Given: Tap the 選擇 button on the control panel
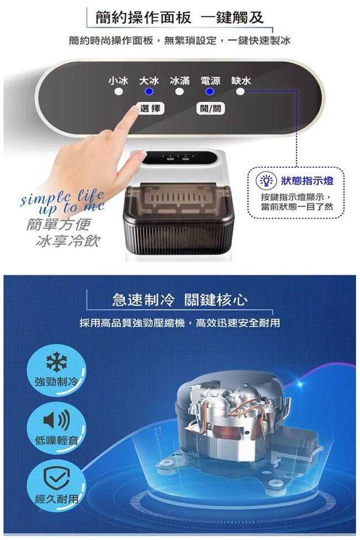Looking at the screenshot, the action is (150, 109).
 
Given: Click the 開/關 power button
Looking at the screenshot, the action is (210, 109).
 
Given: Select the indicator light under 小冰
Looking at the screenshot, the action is (119, 91).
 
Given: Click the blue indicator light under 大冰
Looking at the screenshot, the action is (149, 91).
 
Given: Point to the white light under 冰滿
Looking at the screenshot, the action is (179, 91).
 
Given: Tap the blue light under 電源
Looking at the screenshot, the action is (210, 91).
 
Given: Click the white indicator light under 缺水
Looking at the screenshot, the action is (240, 91).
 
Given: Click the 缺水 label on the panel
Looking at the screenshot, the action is (241, 81).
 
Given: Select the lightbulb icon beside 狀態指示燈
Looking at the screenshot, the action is (266, 181).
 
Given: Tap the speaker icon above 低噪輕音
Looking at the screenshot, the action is (56, 420).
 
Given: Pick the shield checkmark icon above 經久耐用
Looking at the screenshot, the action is (56, 479).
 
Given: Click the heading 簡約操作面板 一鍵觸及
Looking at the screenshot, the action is (179, 17).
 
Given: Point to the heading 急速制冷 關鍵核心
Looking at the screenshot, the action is (179, 300).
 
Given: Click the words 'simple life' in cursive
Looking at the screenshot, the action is (62, 197).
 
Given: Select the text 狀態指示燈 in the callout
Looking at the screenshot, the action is (307, 181).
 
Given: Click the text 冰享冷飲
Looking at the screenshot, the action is (67, 241).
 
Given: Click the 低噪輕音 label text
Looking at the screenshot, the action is (56, 440).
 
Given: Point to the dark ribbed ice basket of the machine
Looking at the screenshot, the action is (178, 236).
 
